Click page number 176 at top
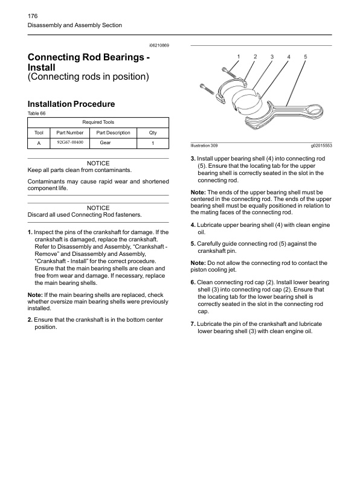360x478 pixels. point(33,16)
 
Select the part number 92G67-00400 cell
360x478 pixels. point(70,142)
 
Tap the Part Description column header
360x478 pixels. point(113,133)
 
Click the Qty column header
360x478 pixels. point(153,133)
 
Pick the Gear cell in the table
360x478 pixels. point(105,142)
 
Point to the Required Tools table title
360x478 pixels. point(98,123)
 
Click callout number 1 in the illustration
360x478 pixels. point(239,57)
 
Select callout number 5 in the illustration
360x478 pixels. point(306,57)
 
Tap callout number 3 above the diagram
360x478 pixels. point(272,57)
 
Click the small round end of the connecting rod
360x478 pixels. point(314,110)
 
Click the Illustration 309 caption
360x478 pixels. point(204,145)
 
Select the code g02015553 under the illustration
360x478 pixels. point(321,145)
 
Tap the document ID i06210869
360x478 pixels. point(159,45)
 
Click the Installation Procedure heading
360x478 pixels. point(71,104)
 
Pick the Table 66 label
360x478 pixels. point(36,113)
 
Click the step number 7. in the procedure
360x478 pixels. point(193,324)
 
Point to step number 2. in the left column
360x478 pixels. point(30,320)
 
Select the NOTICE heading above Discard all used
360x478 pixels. point(98,208)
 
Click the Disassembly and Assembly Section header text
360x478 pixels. point(75,25)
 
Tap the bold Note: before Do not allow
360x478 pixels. point(198,263)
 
